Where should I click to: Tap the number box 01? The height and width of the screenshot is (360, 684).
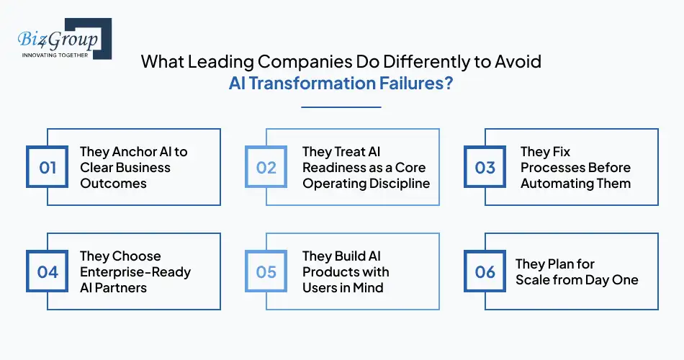pyautogui.click(x=48, y=168)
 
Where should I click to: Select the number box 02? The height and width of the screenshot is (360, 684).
pyautogui.click(x=266, y=168)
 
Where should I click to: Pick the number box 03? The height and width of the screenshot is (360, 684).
pyautogui.click(x=485, y=168)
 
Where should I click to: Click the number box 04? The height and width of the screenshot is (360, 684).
pyautogui.click(x=48, y=272)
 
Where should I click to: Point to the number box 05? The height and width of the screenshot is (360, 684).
pyautogui.click(x=266, y=272)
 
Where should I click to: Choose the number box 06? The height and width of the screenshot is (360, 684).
pyautogui.click(x=485, y=272)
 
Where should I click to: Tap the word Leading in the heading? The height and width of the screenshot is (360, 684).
pyautogui.click(x=222, y=61)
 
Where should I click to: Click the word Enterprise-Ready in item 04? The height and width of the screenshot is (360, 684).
pyautogui.click(x=135, y=272)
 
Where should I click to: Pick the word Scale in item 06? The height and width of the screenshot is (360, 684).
pyautogui.click(x=534, y=280)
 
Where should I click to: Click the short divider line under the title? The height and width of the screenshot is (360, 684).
pyautogui.click(x=341, y=107)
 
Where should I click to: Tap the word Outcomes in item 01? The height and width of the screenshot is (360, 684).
pyautogui.click(x=113, y=184)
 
